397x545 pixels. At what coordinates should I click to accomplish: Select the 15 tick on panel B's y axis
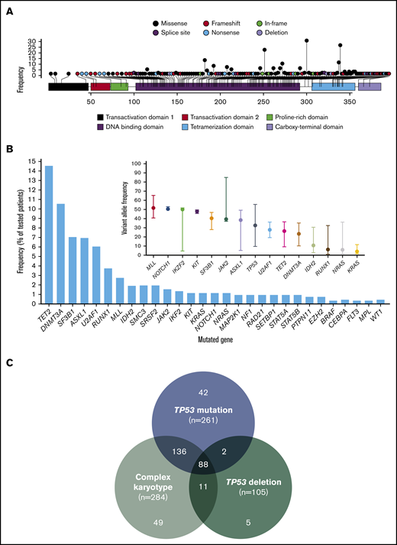pos(34,161)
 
